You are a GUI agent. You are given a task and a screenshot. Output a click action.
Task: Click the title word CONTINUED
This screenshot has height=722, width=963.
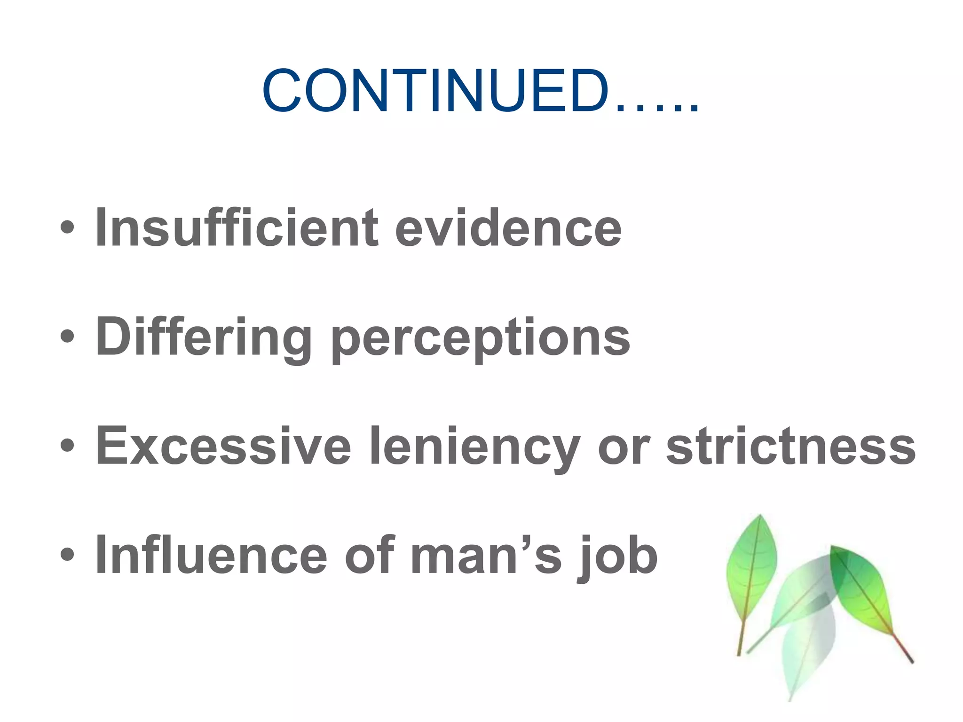pos(435,91)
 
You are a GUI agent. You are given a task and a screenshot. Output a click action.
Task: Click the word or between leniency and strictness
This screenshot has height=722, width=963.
pos(623,447)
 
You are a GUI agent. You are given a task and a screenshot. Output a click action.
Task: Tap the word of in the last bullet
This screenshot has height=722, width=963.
pos(369,555)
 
